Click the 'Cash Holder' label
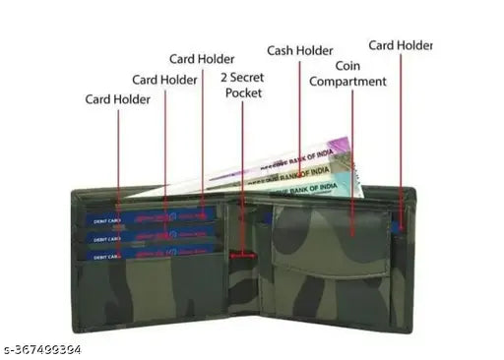[x=299, y=50]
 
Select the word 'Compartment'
[x=348, y=81]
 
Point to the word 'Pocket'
[x=243, y=92]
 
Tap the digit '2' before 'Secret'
[x=224, y=76]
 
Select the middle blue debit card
[x=148, y=237]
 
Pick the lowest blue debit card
[x=148, y=255]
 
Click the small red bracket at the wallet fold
[x=242, y=256]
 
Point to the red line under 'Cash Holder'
[x=299, y=108]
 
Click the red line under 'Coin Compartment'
[x=351, y=157]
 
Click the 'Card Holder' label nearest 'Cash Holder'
[x=203, y=59]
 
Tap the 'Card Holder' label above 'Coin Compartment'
[x=400, y=45]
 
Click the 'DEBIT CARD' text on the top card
[x=108, y=221]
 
